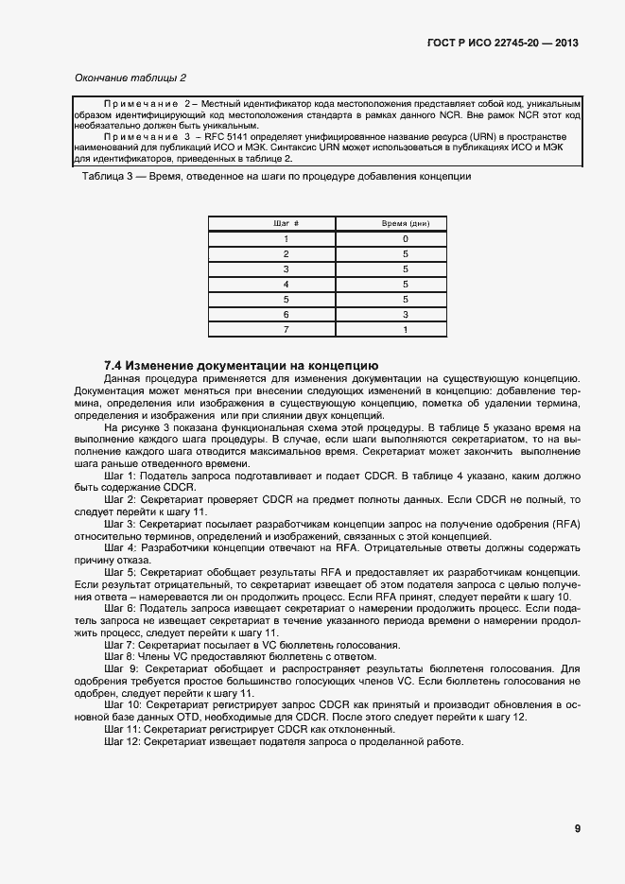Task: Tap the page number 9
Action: click(x=577, y=829)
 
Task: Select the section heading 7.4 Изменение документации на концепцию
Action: click(x=241, y=365)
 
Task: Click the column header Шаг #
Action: click(x=286, y=223)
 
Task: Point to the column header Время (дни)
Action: click(x=405, y=223)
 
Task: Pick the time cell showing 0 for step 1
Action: click(x=405, y=239)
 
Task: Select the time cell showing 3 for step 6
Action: click(x=405, y=314)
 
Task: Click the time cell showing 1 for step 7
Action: click(x=405, y=329)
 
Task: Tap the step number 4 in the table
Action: click(x=286, y=284)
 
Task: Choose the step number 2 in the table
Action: click(x=286, y=254)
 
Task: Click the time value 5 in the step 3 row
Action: click(x=405, y=269)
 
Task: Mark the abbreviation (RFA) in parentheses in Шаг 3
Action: click(x=569, y=524)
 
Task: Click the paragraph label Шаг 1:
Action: click(x=120, y=475)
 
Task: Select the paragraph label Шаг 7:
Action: click(x=120, y=645)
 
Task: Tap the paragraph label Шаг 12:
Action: click(x=123, y=742)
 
